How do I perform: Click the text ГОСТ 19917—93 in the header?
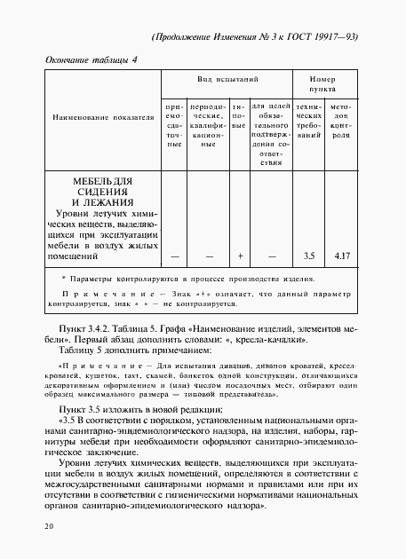(334, 37)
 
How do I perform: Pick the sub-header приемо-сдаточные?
(173, 123)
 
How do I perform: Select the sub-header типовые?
(239, 118)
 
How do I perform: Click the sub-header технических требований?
(308, 123)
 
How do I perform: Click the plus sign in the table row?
(240, 256)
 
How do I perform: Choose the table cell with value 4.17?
(340, 256)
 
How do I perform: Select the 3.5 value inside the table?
(308, 256)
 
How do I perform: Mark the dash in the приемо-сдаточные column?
(174, 256)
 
